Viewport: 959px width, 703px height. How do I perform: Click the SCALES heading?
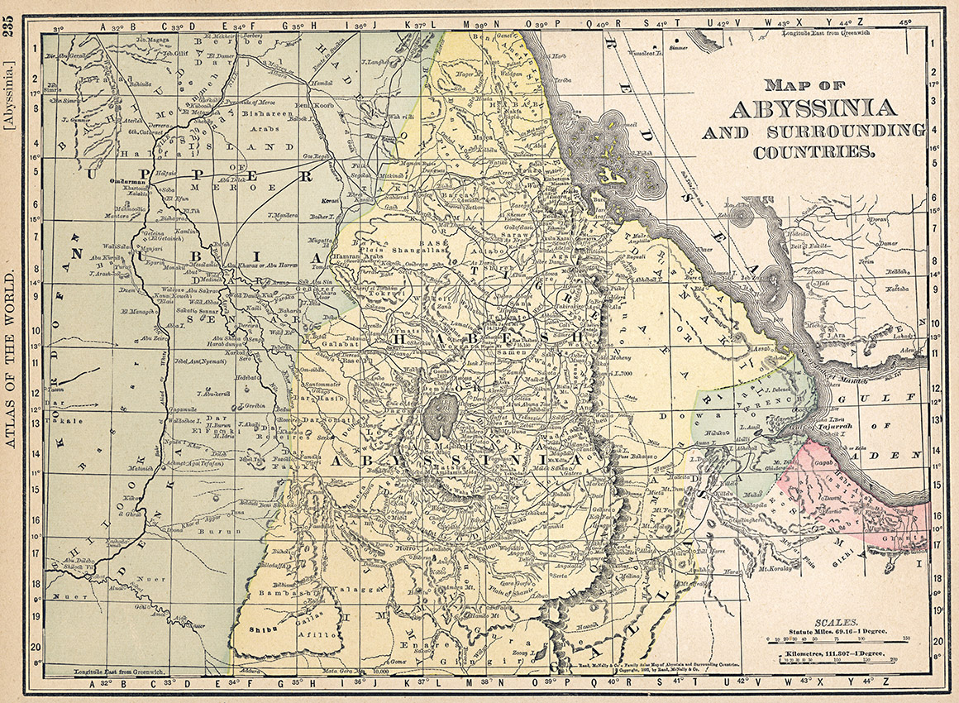tap(837, 621)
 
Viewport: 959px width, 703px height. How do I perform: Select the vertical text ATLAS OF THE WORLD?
tap(9, 355)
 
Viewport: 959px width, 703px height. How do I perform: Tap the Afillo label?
tap(320, 635)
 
